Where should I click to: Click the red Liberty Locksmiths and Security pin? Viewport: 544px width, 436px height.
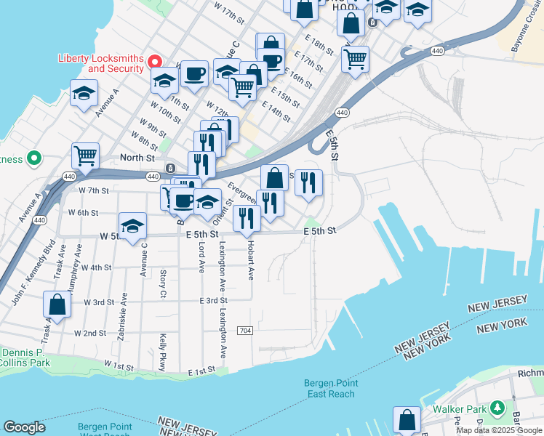pos(155,62)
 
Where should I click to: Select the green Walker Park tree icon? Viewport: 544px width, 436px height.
pos(497,408)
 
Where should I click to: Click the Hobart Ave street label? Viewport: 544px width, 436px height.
pos(251,260)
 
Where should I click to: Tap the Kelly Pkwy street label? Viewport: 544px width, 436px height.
pos(163,352)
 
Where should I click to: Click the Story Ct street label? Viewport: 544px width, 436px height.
pos(163,284)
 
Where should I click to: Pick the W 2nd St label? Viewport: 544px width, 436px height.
pos(90,333)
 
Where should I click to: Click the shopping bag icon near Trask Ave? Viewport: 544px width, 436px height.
pos(57,305)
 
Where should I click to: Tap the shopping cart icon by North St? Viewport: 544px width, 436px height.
pos(85,156)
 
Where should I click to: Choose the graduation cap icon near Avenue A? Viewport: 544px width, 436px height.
pos(84,93)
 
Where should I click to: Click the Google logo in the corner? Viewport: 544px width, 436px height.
pos(24,427)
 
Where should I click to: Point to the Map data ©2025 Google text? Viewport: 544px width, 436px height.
pos(499,430)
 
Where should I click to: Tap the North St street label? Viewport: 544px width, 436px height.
pos(137,157)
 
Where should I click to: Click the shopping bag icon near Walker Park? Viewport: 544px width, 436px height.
pos(407,420)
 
